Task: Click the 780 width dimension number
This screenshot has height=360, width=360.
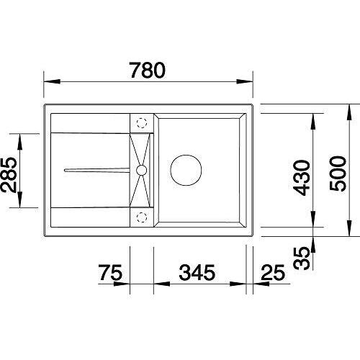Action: [148, 71]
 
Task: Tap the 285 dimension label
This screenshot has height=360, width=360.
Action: [9, 175]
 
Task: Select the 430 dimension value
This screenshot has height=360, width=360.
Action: [302, 178]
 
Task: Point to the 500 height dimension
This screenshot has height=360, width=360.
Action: [338, 174]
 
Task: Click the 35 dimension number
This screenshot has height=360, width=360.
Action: [302, 258]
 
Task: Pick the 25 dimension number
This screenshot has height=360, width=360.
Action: [273, 272]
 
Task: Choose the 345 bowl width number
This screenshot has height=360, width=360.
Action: [197, 272]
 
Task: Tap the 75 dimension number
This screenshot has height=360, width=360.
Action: [111, 272]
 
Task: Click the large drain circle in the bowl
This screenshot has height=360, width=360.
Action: [186, 170]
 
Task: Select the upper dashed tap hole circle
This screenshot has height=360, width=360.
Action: [142, 123]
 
